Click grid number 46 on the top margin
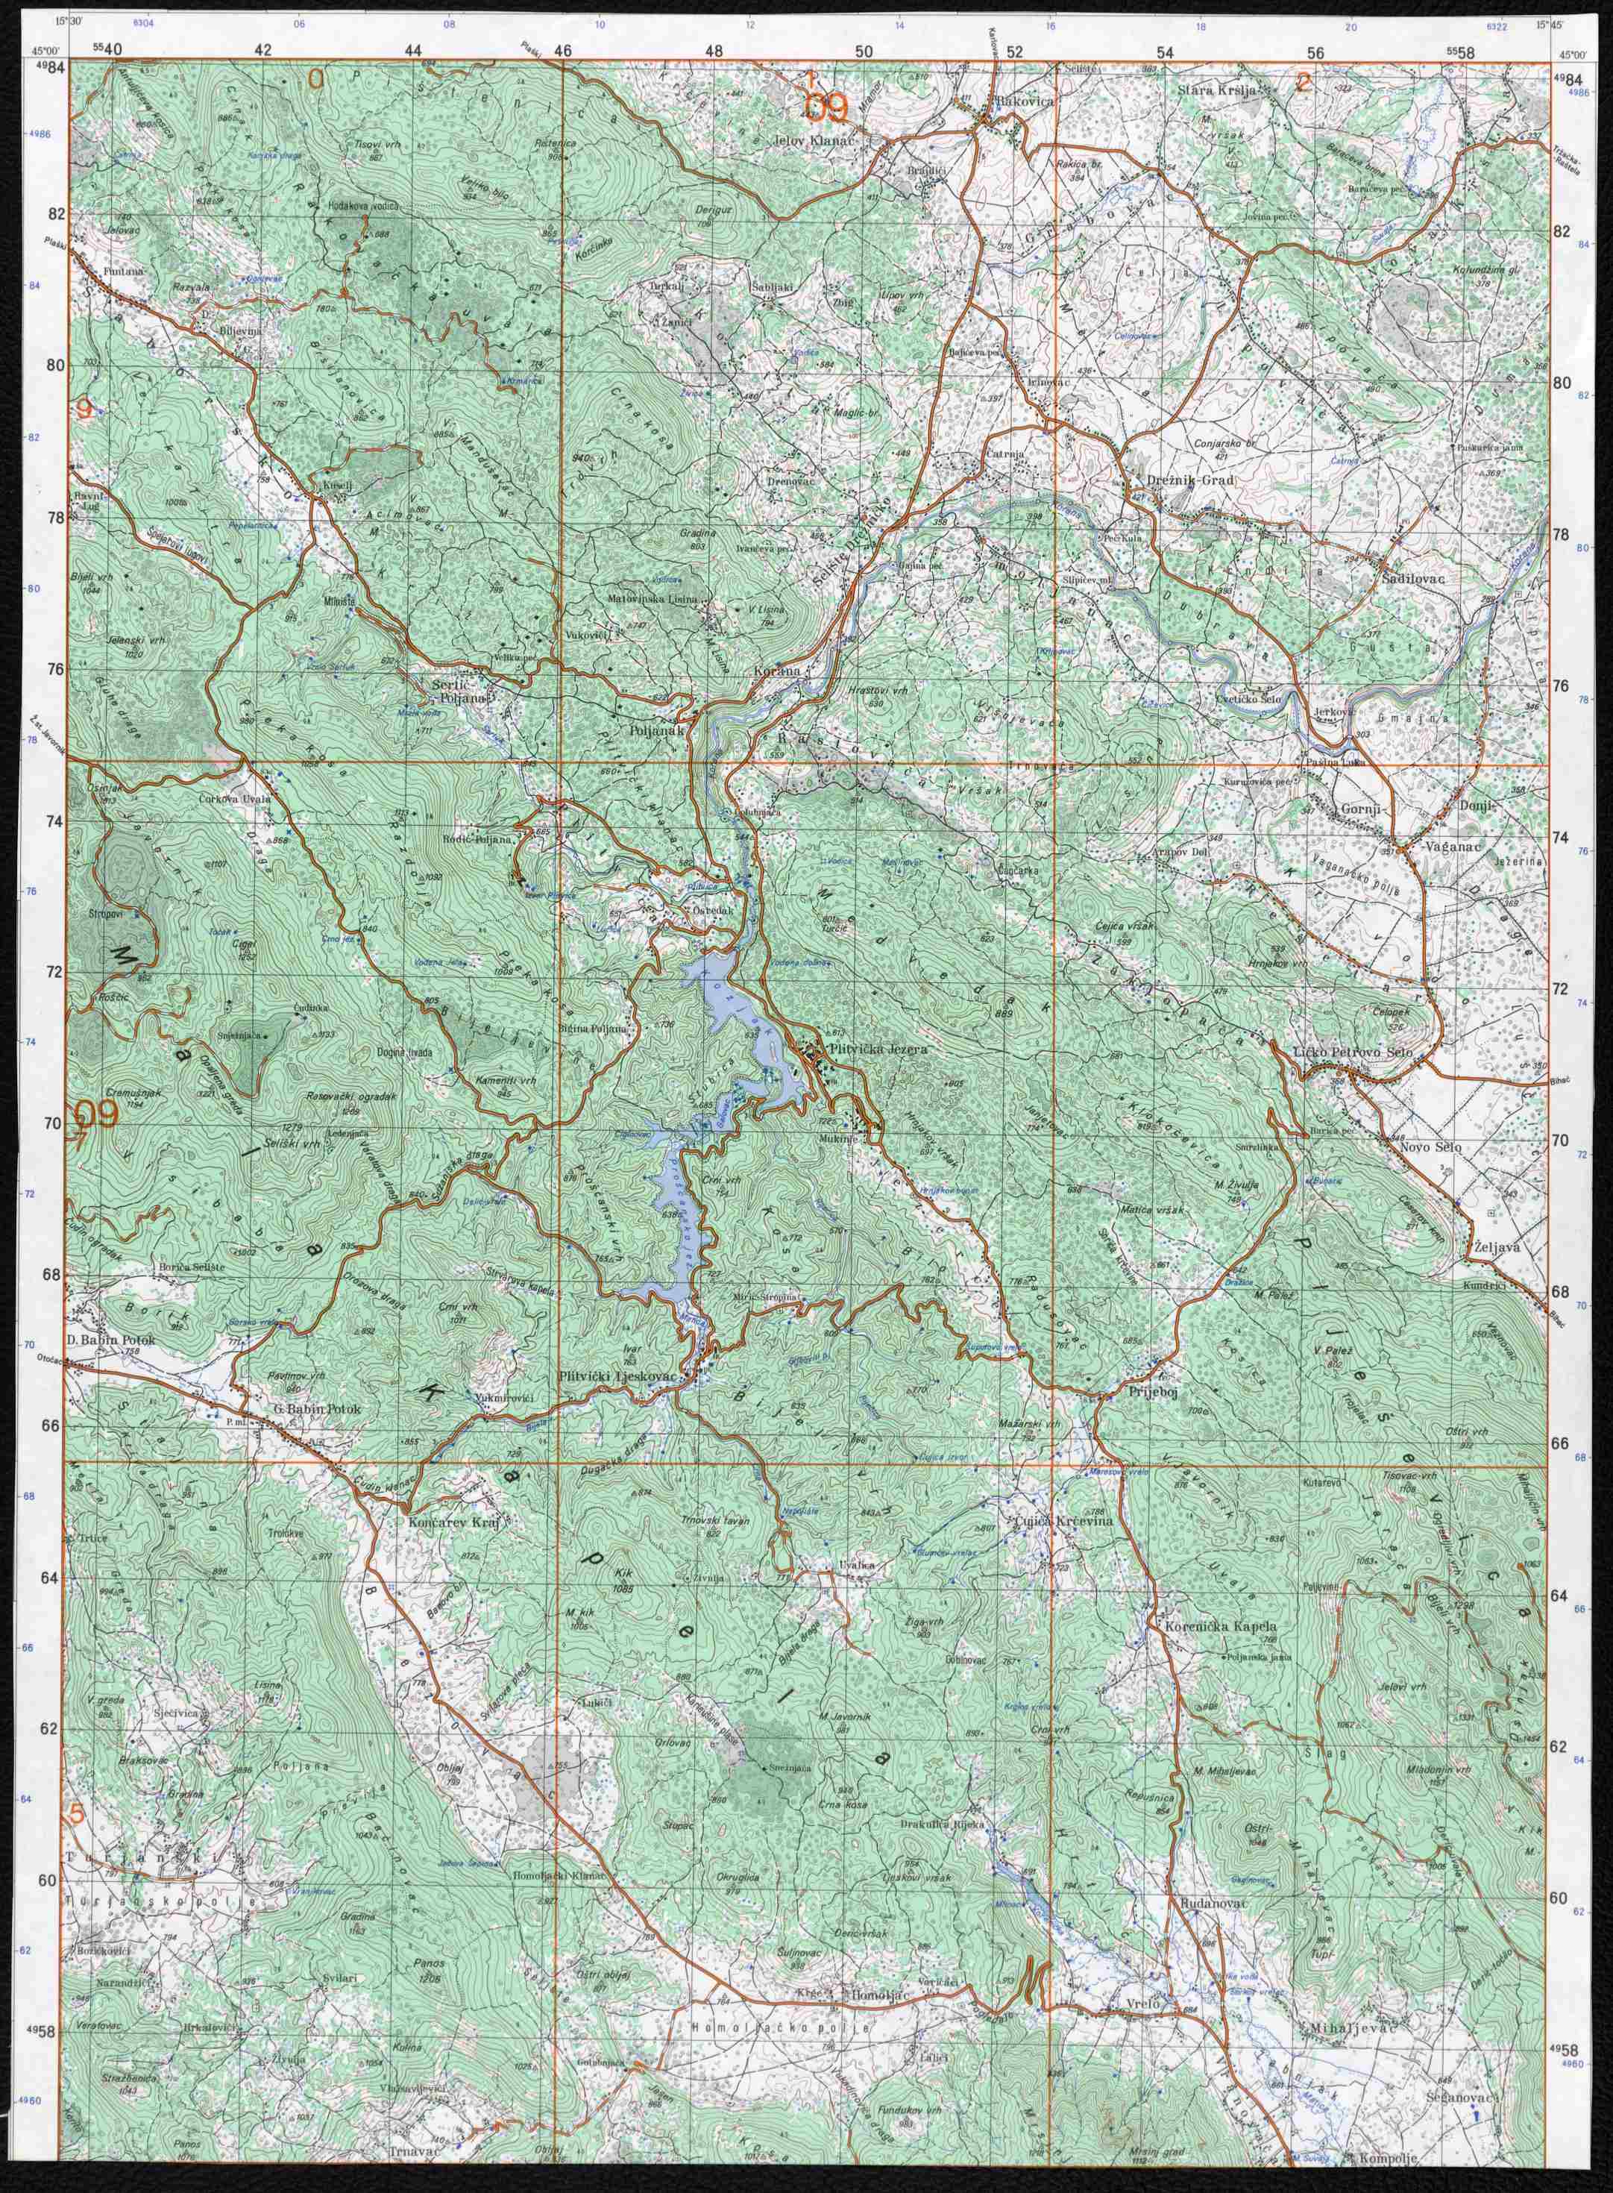point(562,48)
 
